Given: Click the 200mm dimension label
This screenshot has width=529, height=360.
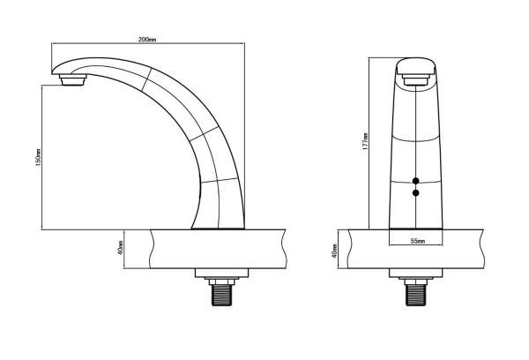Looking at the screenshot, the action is (x=147, y=39).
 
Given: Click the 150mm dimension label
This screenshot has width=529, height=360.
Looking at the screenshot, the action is (x=38, y=157).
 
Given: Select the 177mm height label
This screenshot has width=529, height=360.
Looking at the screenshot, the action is (x=365, y=141).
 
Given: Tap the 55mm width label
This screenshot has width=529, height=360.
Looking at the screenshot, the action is (x=418, y=241).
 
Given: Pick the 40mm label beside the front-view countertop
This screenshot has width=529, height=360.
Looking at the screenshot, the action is (x=334, y=251).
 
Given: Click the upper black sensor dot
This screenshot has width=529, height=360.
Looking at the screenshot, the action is (x=415, y=181).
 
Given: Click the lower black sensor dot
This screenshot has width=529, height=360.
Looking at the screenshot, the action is (x=415, y=193).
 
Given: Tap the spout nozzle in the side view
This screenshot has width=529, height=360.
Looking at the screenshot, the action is (x=72, y=80).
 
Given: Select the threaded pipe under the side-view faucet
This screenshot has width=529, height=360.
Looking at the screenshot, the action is (x=221, y=295).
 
